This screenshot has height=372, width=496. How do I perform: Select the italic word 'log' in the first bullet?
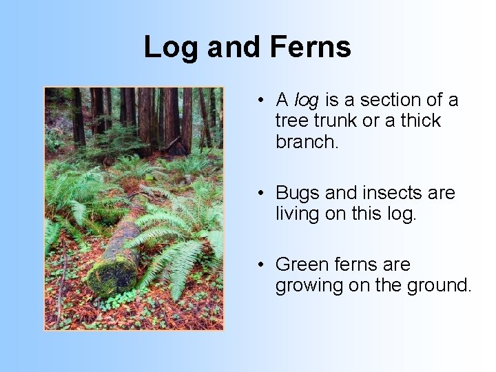[306, 101]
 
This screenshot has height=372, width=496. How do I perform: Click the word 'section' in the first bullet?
[373, 101]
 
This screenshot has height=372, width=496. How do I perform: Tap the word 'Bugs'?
[298, 194]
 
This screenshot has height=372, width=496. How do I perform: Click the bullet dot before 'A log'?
[262, 101]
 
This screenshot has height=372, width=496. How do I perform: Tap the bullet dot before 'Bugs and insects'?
[262, 194]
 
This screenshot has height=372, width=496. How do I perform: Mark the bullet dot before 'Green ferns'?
[262, 265]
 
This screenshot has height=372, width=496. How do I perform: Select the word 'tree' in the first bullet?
[289, 121]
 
